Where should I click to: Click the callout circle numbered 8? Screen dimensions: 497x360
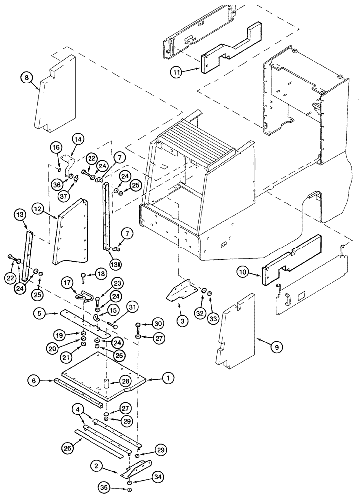coord(27,77)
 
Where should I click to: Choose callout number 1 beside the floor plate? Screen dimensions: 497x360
coord(170,379)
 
